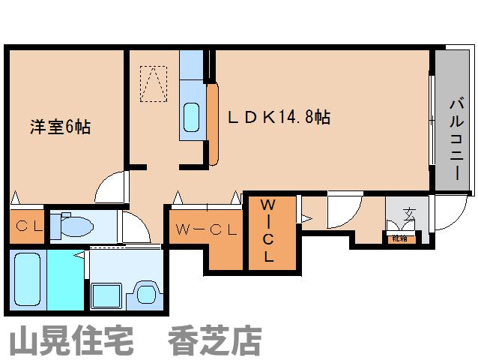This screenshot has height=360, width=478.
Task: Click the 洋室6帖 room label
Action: click(x=60, y=127)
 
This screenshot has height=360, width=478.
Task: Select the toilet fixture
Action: click(x=75, y=225)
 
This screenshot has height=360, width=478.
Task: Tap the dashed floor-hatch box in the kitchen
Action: click(x=154, y=83)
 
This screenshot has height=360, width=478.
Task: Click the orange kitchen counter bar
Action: click(x=212, y=124)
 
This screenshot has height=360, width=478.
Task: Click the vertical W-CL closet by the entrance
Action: click(x=267, y=229)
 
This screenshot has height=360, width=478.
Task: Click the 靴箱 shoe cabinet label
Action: click(x=399, y=238)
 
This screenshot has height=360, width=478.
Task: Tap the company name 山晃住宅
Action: click(x=70, y=341)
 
